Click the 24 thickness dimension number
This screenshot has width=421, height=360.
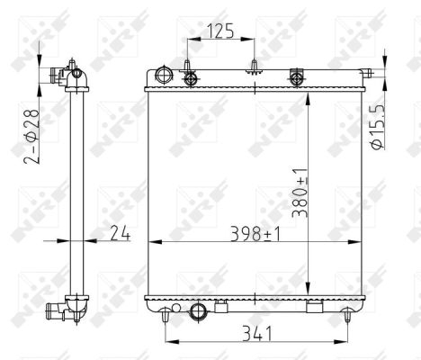pyautogui.click(x=120, y=234)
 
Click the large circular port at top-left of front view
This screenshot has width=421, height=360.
pyautogui.click(x=163, y=75)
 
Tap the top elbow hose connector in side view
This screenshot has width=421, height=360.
pyautogui.click(x=67, y=76)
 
